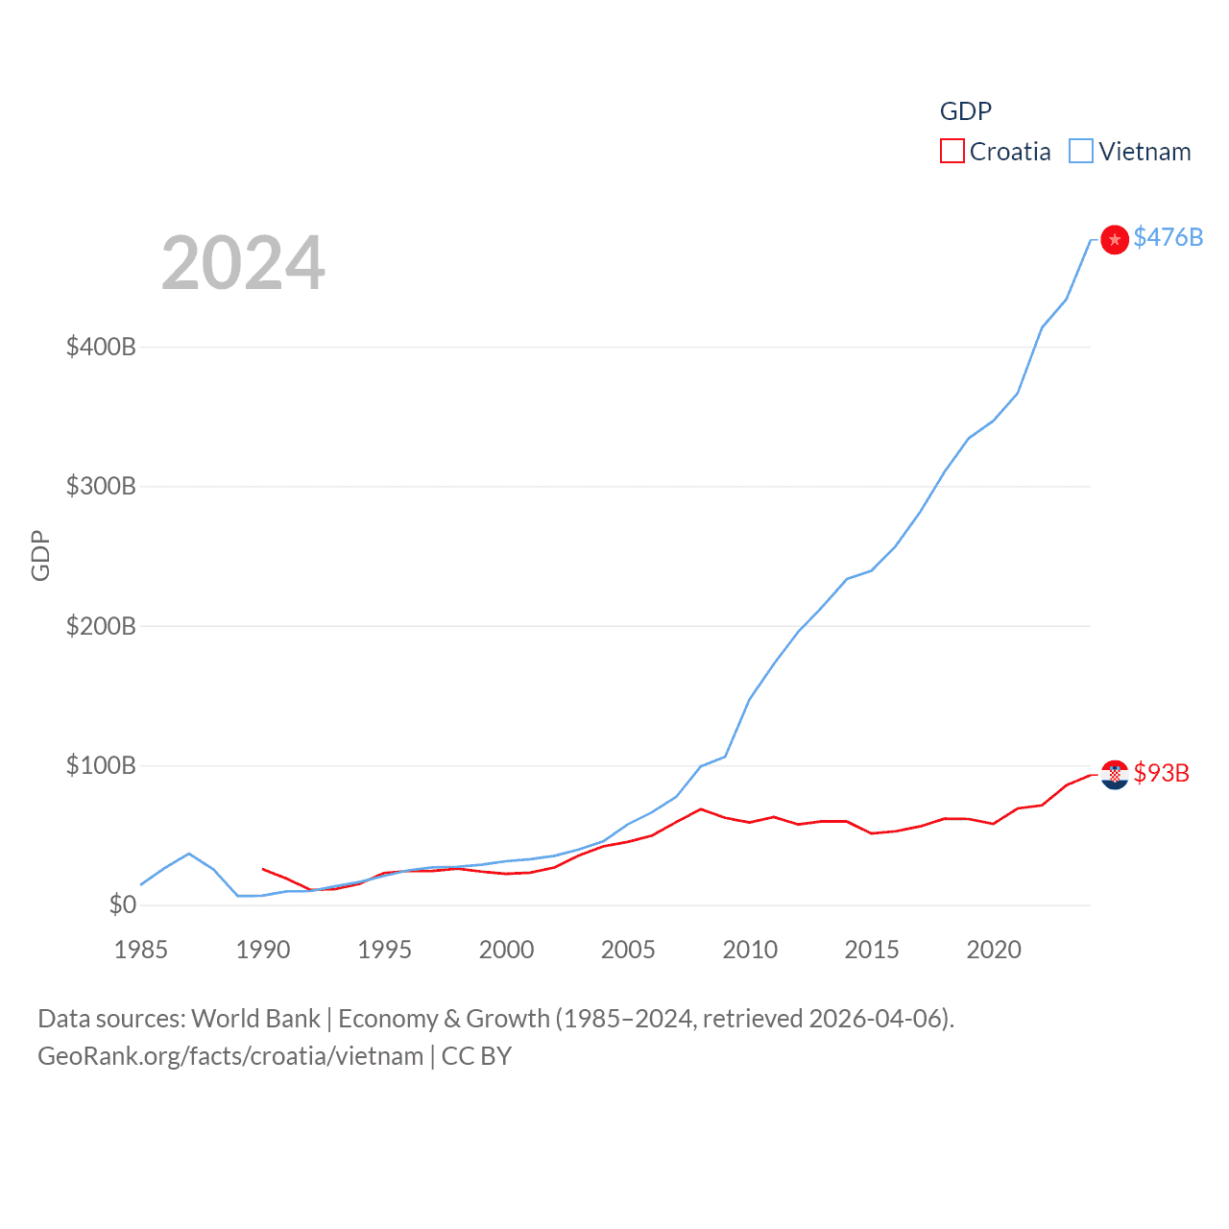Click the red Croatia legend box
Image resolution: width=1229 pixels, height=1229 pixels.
point(952,152)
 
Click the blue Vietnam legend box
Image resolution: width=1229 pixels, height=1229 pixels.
point(1081,152)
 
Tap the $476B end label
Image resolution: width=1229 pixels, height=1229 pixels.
point(1168,237)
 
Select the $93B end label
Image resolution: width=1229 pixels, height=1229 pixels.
point(1161,773)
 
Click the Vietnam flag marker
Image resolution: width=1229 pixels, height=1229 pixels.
point(1114,239)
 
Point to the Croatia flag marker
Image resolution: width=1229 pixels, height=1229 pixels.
point(1114,774)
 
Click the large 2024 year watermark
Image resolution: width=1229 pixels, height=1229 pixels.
point(243,263)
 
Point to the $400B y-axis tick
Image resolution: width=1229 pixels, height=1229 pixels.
point(101,347)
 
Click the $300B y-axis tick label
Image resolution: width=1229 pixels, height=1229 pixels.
point(101,486)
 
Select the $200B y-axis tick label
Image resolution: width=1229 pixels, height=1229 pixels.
point(101,626)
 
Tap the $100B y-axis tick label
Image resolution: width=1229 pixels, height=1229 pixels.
point(101,765)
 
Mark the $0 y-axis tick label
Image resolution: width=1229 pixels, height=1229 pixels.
point(122,904)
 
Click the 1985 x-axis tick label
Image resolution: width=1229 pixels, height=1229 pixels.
point(141,950)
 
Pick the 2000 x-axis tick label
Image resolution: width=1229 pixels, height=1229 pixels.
point(506,950)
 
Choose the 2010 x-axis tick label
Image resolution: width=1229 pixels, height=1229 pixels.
point(750,950)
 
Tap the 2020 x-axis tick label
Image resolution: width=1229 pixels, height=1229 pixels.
point(994,950)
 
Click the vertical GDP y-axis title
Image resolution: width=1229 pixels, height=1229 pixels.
point(40,555)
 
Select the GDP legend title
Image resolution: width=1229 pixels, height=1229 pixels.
point(965,111)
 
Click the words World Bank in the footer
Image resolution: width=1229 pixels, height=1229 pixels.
point(255,1019)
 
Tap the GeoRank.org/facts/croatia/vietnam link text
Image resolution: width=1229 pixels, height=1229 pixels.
point(230,1056)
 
